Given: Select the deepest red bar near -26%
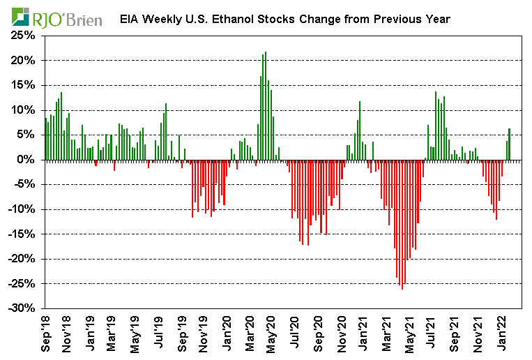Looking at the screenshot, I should point(402,224).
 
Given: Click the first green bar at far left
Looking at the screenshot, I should point(45,139).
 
